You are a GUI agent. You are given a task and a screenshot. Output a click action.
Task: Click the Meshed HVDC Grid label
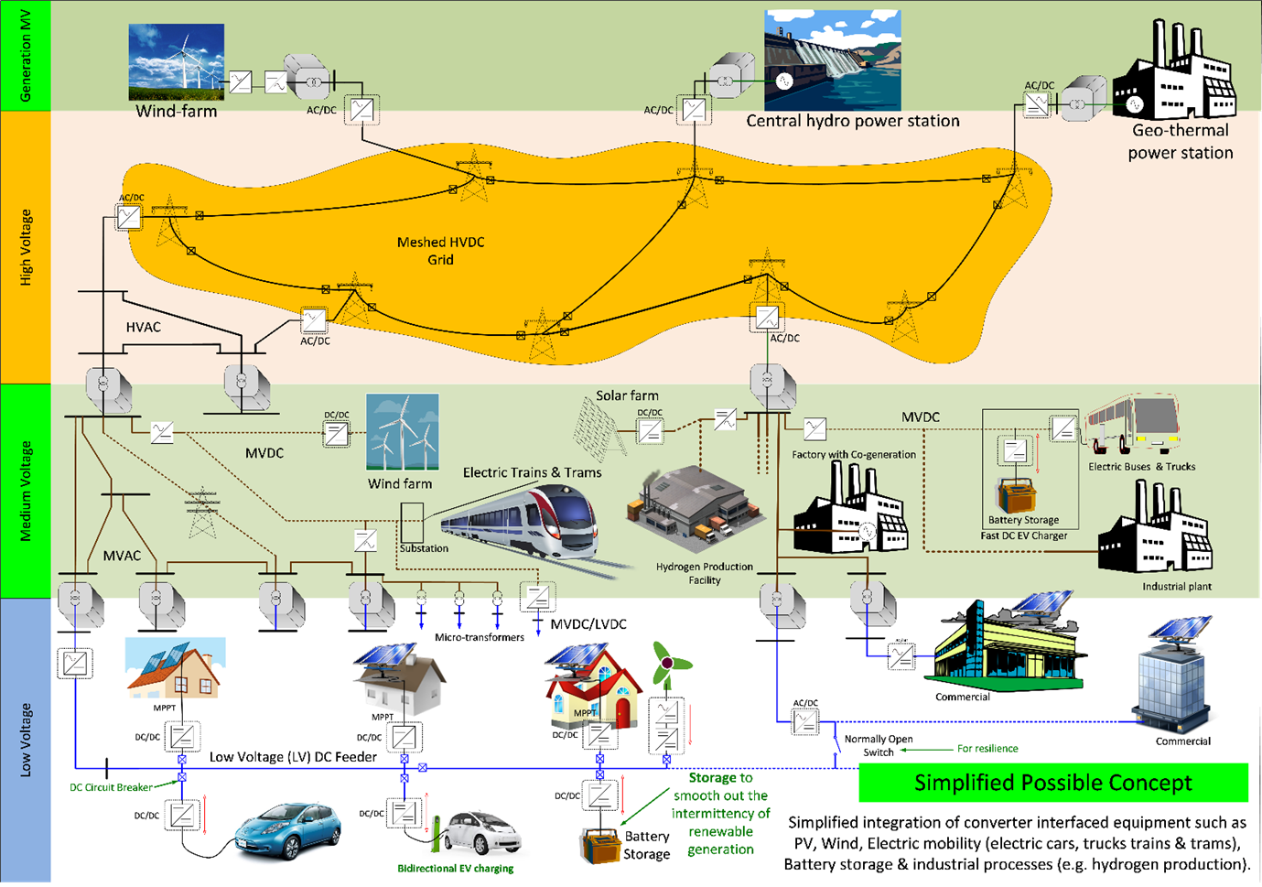440,251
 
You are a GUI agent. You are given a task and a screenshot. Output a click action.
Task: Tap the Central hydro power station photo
832,60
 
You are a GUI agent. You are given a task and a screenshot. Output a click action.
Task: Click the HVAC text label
144,327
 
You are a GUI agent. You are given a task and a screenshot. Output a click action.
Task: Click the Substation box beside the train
412,521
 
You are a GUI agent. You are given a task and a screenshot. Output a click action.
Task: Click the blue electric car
287,829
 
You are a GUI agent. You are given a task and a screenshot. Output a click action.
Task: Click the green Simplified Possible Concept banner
1052,783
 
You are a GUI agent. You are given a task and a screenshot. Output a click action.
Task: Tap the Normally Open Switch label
878,745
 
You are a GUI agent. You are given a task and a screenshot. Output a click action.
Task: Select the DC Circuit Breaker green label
111,787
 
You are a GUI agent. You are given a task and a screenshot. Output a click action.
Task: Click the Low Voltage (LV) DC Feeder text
293,757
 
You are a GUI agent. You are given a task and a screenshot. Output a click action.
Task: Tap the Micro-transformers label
479,637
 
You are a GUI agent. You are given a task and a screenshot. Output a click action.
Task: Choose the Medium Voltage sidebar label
26,491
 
